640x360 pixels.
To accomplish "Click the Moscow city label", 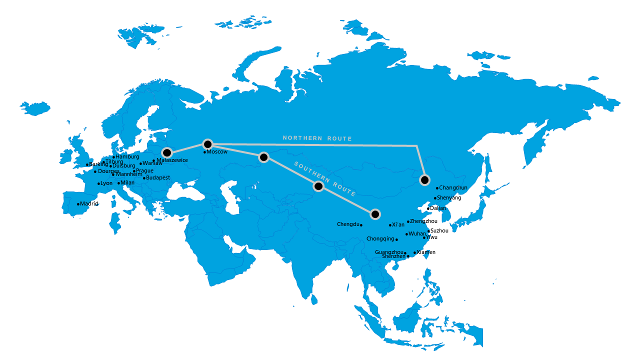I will (x=217, y=152).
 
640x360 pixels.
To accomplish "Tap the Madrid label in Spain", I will (x=89, y=204).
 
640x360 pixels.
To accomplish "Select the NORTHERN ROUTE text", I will (x=317, y=138).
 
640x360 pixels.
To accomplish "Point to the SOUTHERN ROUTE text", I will (x=325, y=178).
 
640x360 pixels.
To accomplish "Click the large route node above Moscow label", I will (x=207, y=144).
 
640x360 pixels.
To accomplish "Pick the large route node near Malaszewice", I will (x=167, y=152).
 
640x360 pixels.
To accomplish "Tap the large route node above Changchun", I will (x=425, y=180).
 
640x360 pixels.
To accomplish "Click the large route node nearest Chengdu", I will (x=375, y=214).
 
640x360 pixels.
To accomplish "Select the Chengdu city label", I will (x=348, y=224).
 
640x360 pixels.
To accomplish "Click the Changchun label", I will (x=453, y=188).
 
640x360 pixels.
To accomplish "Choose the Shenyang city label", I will (x=449, y=198).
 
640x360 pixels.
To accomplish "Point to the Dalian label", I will (x=438, y=208).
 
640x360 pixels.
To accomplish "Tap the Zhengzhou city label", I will (x=423, y=221).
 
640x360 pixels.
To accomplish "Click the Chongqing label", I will (x=380, y=239).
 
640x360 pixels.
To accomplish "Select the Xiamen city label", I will (x=426, y=252).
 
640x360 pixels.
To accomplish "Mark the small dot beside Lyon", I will (x=99, y=183).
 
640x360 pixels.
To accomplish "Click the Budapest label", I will (x=158, y=178).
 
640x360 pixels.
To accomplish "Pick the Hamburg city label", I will (x=127, y=157).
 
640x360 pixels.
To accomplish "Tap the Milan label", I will (x=128, y=183).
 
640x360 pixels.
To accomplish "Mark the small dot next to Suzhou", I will (x=428, y=231).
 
